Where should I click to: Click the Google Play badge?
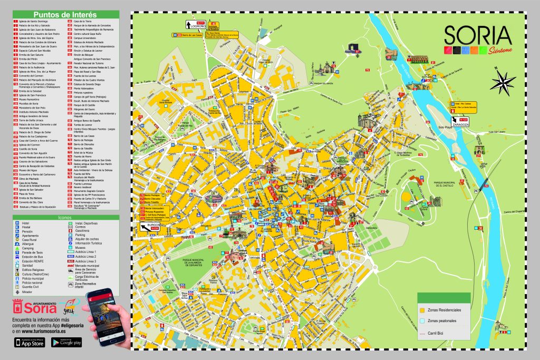point(70,343)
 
